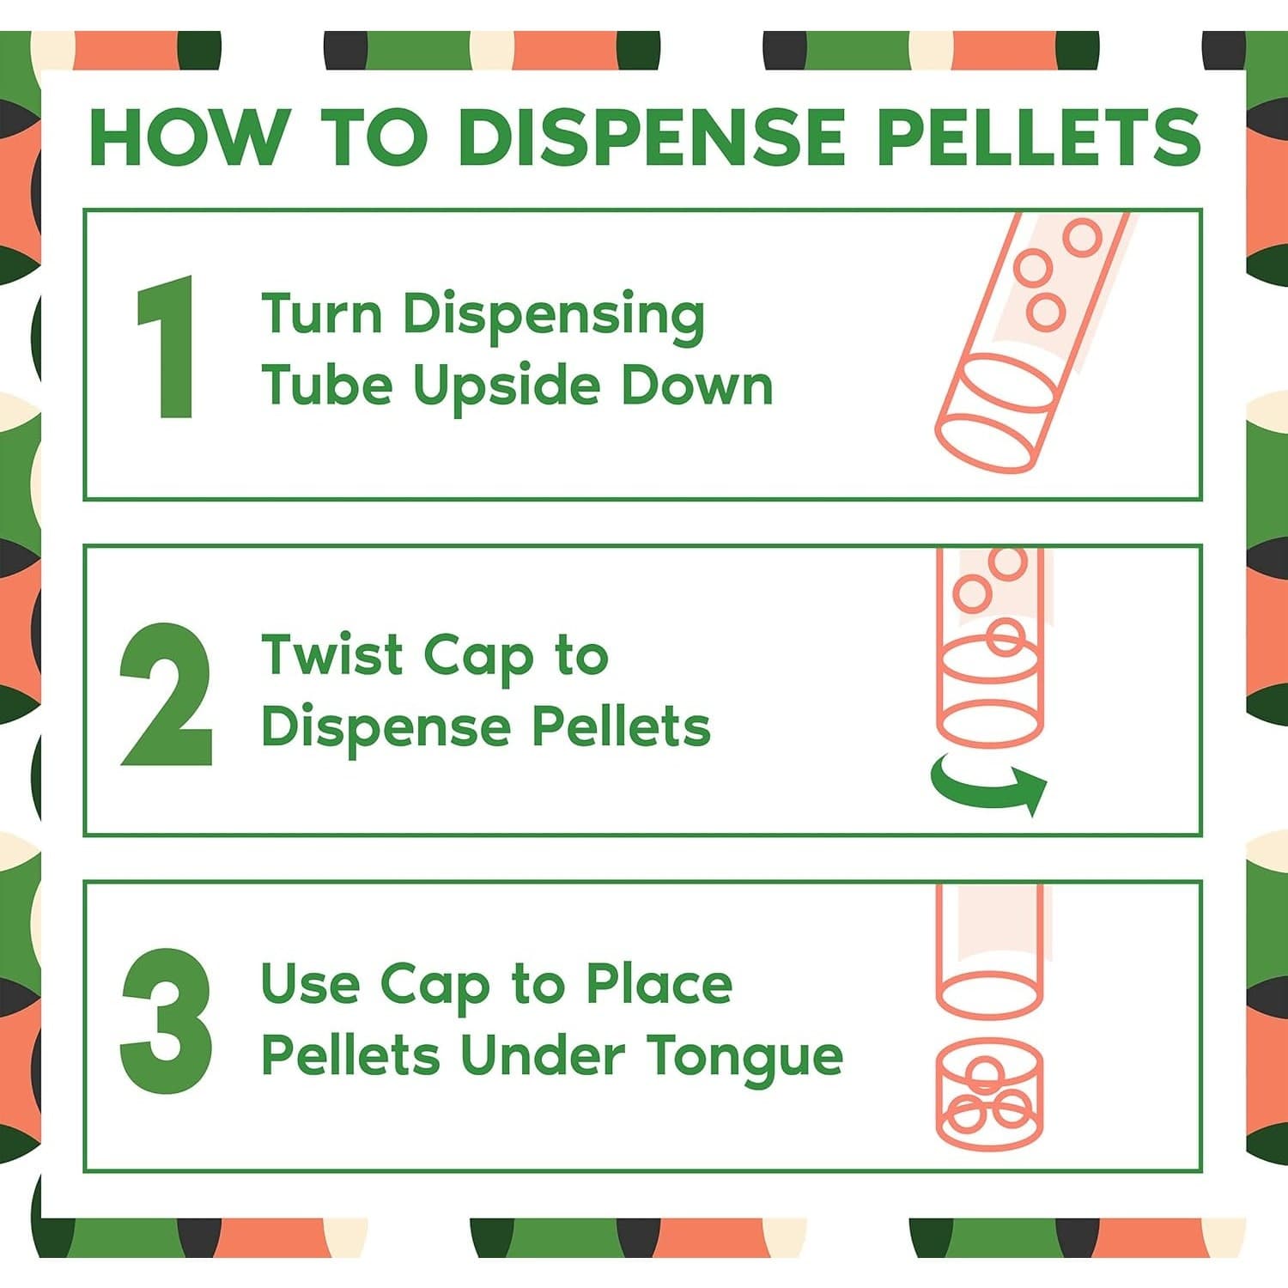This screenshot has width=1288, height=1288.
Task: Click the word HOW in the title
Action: click(188, 137)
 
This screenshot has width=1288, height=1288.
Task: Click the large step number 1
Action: click(167, 348)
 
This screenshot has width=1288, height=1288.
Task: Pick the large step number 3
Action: click(167, 1021)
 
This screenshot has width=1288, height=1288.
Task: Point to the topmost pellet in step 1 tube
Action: click(1082, 237)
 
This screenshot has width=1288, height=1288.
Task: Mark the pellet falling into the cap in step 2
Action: click(1005, 637)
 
